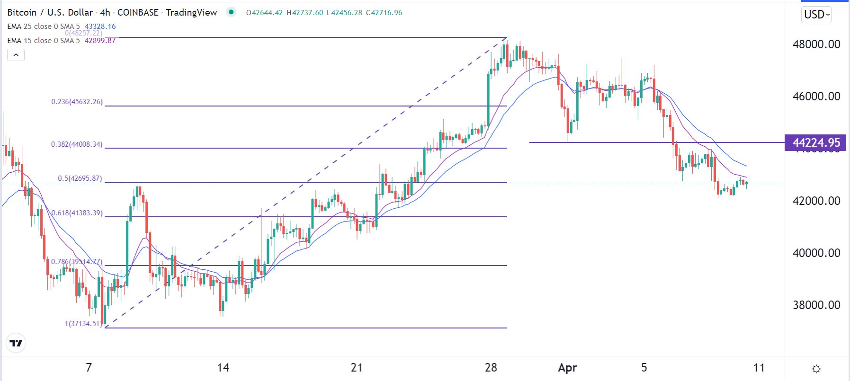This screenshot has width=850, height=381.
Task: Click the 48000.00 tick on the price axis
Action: pos(816,44)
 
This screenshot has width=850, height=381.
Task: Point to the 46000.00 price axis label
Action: pos(816,97)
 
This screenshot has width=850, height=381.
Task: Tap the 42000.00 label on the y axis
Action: pos(816,201)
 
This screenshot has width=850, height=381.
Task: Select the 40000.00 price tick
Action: pos(816,253)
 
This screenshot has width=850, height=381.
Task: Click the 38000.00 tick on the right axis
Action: pos(816,305)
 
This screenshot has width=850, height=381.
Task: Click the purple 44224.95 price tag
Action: pos(816,143)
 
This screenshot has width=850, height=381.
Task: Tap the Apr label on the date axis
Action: pos(567,368)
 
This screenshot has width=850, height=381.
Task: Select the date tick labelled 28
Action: pos(491,368)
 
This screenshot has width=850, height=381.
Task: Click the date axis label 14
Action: pos(223,368)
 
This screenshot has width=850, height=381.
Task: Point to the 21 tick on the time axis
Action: pos(357,368)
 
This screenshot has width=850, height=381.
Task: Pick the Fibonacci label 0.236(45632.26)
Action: pos(77,102)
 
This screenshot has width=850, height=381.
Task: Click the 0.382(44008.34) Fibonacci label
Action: pos(77,144)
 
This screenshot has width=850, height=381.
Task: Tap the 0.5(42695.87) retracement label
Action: pos(80,178)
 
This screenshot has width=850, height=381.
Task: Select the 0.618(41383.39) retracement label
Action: pos(77,213)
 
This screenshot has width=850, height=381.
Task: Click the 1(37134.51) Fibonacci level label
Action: pos(83,324)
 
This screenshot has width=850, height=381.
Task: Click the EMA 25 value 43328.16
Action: pos(100,27)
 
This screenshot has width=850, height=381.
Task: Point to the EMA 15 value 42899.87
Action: pos(100,41)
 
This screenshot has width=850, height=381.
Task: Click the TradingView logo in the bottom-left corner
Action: pos(16,343)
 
